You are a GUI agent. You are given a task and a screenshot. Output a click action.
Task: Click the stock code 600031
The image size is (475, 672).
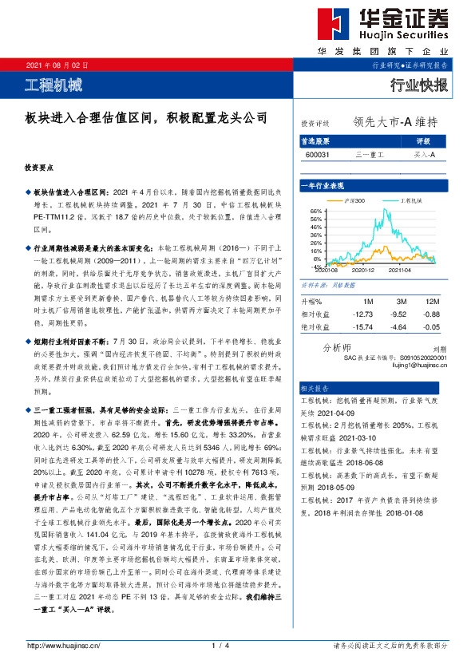coord(315,154)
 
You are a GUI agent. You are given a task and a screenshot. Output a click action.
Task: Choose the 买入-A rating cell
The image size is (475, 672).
coord(424,154)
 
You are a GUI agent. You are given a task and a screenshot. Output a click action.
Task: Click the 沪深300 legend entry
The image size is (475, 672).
coord(354,200)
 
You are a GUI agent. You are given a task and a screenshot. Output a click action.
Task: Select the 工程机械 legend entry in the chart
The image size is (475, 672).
coord(409,200)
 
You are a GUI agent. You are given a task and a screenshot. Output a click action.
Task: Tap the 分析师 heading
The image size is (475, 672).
coord(335,348)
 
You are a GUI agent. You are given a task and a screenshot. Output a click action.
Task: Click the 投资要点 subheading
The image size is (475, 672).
coord(39,170)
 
